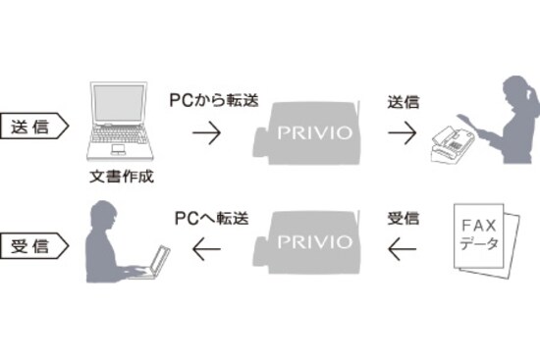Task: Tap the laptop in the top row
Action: pos(124,123)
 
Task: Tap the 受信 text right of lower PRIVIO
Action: pos(403,215)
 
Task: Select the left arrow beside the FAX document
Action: pos(403,252)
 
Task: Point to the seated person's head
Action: pos(101,210)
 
